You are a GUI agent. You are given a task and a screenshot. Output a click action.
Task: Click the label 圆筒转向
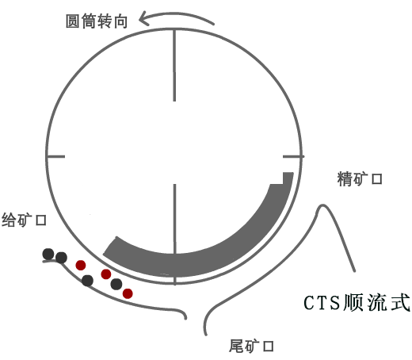click(x=97, y=21)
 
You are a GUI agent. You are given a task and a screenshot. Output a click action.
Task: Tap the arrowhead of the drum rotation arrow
click(x=143, y=18)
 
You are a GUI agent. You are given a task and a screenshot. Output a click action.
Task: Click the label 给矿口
click(x=24, y=220)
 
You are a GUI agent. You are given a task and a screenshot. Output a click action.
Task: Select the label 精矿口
click(x=360, y=179)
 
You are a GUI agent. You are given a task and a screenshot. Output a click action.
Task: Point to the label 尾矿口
click(x=251, y=346)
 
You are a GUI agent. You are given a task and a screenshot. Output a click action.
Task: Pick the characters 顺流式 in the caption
click(x=376, y=303)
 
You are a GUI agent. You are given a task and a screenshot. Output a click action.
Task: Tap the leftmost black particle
click(x=48, y=254)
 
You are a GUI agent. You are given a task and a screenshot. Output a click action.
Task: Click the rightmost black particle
click(x=116, y=284)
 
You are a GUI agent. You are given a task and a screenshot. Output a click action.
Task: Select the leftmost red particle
click(x=81, y=265)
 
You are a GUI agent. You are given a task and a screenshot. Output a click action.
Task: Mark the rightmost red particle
click(x=128, y=293)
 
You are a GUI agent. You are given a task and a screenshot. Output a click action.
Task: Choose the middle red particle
click(x=106, y=274)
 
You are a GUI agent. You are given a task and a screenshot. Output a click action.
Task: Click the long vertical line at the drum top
click(x=174, y=65)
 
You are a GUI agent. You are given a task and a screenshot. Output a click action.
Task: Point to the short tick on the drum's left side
click(x=56, y=157)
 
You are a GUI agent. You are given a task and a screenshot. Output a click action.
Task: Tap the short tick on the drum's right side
click(x=293, y=157)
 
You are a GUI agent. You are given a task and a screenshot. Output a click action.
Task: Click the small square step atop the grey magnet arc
click(x=288, y=178)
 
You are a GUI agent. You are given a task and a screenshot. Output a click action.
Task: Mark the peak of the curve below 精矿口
click(x=322, y=205)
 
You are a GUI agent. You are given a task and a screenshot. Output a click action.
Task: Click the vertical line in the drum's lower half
click(x=175, y=235)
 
